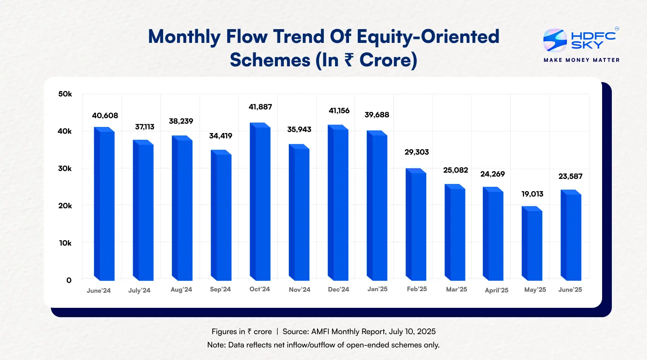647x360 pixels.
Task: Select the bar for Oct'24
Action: (x=260, y=202)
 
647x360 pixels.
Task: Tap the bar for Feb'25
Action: (x=416, y=225)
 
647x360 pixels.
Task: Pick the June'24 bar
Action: (x=104, y=204)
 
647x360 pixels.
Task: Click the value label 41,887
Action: (x=260, y=107)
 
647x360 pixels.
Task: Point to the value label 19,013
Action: (x=532, y=194)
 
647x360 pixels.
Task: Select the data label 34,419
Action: (x=221, y=136)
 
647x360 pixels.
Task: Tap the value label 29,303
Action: (x=417, y=152)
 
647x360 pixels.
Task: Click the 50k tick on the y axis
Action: (x=65, y=94)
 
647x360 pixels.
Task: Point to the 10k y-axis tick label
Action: (x=65, y=243)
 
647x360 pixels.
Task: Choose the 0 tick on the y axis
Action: (x=69, y=280)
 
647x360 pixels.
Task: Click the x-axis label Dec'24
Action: (x=338, y=289)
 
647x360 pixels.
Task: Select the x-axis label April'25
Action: (x=497, y=290)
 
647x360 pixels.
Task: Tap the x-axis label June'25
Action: (x=570, y=290)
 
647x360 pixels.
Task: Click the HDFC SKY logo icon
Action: (x=555, y=40)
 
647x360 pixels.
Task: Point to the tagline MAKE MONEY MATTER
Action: (x=581, y=60)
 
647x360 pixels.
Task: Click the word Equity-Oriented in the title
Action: (x=428, y=36)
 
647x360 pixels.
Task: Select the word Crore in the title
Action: (x=388, y=60)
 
